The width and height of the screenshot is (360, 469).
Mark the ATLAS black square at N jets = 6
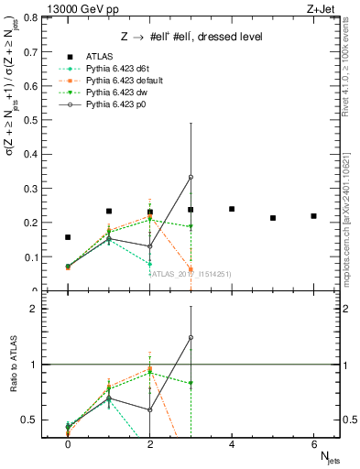coord(313,216)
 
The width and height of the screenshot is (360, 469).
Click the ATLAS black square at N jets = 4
coord(232,209)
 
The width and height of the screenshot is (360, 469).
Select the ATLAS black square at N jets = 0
coord(68,237)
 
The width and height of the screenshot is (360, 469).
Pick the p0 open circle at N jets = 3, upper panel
coord(191,177)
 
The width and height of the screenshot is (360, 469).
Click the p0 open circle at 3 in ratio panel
coord(191,337)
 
